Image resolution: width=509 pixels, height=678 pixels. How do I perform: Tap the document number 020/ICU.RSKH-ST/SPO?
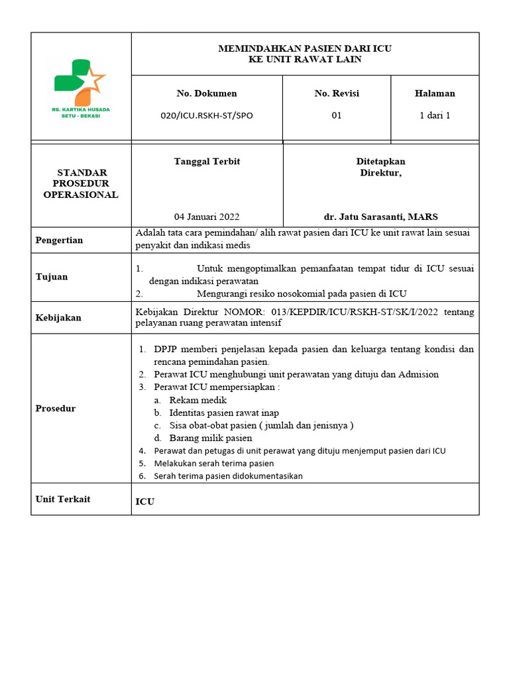point(207,115)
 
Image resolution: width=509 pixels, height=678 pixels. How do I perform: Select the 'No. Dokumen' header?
point(207,93)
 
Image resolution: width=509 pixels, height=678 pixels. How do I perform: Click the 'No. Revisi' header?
point(337,93)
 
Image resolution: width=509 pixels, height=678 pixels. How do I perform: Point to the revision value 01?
point(337,115)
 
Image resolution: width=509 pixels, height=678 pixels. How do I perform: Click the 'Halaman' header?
point(435,93)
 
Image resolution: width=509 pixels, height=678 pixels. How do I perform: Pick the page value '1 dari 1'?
point(435,115)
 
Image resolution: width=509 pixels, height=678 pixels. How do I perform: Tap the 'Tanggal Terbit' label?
point(207,162)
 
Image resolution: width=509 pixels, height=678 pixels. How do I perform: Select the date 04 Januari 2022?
point(207,217)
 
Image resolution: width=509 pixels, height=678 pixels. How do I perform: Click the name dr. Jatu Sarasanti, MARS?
point(380,217)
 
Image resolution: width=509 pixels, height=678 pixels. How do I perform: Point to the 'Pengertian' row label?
point(59,240)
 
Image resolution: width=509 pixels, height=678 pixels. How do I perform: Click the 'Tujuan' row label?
point(52,277)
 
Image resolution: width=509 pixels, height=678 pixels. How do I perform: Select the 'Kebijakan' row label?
point(58,318)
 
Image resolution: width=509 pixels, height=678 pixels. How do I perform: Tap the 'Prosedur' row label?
point(56,409)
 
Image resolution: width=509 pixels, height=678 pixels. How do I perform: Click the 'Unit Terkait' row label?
point(63,499)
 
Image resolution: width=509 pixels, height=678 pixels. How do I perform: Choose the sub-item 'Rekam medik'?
point(198,400)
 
